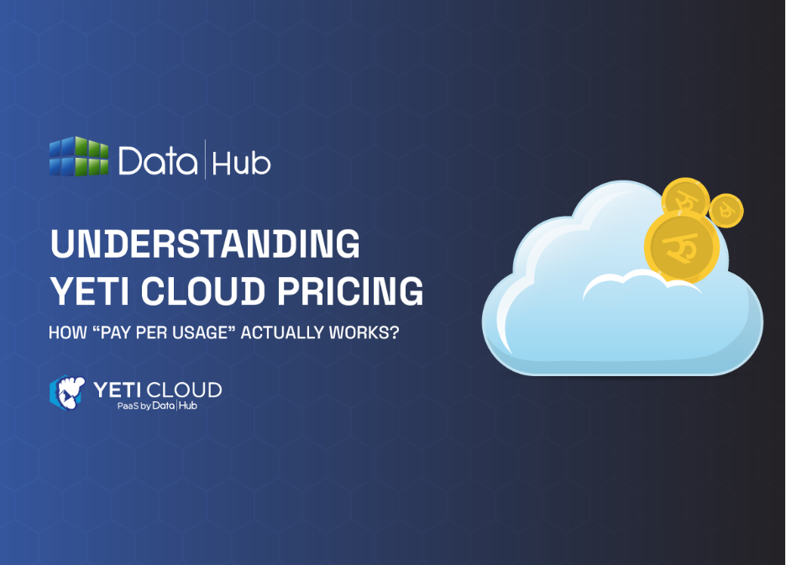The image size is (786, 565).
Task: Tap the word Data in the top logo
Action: click(159, 160)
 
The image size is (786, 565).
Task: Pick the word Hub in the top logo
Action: click(241, 161)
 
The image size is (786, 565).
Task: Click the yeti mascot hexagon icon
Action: click(66, 392)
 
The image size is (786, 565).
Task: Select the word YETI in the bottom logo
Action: click(116, 390)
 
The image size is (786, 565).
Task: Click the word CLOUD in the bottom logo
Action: click(186, 390)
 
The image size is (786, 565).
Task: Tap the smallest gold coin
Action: click(726, 209)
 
